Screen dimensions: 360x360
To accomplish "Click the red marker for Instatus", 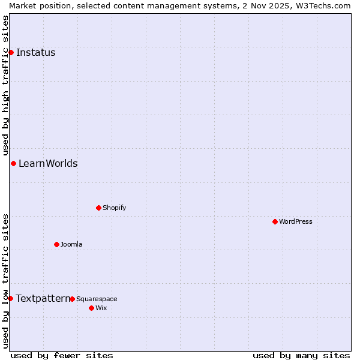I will tap(11, 52).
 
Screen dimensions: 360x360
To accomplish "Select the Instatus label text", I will tap(35, 52).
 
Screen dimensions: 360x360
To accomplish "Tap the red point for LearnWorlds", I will tap(13, 163).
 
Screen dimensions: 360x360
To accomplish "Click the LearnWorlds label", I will tap(48, 163).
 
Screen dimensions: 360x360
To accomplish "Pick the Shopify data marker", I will tap(98, 208).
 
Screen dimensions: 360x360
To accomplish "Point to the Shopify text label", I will tap(114, 208).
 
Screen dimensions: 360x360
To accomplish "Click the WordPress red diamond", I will tap(275, 221).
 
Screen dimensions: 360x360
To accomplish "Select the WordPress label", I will tap(295, 221).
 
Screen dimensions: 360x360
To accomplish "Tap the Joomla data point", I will tap(56, 244).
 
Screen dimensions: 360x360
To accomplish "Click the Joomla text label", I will tap(71, 244).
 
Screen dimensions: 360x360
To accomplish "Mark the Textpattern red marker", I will tap(10, 298).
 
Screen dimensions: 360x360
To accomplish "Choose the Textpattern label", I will tap(43, 298).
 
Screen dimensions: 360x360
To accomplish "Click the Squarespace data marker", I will tap(72, 299).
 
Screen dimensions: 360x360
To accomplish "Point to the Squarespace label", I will tap(97, 299).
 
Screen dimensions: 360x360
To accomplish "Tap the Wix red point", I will tap(91, 308).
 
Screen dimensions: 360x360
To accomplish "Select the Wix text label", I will tap(101, 308).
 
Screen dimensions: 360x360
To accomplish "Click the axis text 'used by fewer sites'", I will tap(62, 355).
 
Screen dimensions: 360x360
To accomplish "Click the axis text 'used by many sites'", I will tap(301, 355).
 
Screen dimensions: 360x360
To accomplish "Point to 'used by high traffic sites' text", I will tap(5, 86).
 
